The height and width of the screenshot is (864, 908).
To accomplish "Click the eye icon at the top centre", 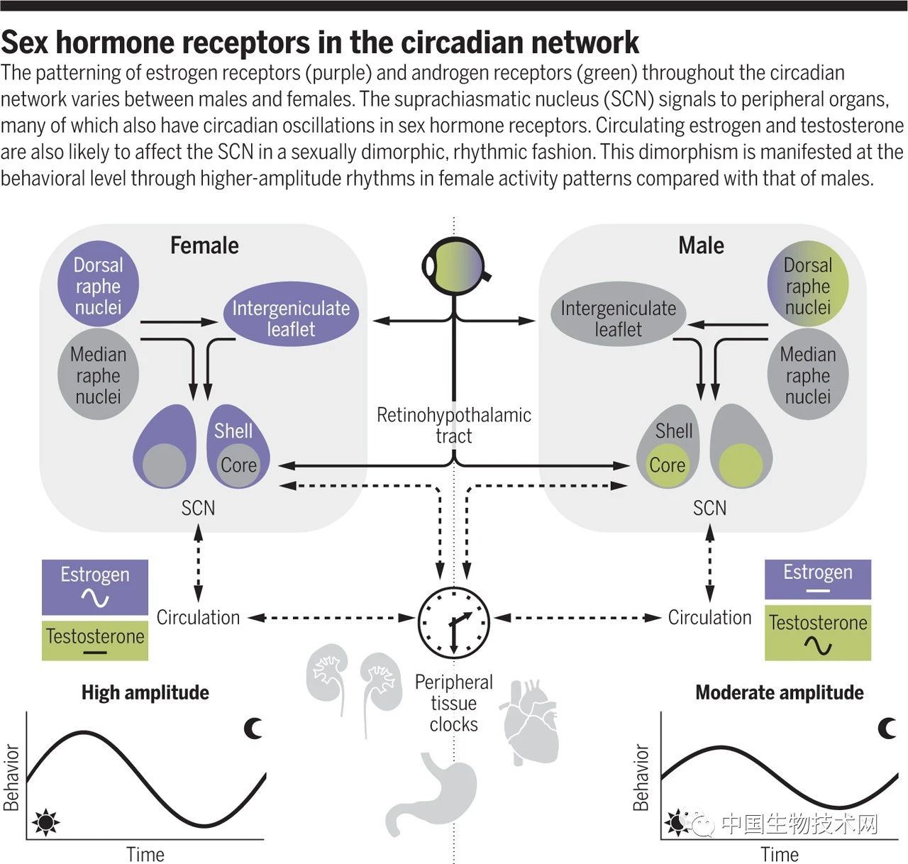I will (454, 265).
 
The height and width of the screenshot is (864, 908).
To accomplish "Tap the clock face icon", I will (454, 622).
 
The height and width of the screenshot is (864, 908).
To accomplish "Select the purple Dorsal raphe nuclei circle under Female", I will (98, 286).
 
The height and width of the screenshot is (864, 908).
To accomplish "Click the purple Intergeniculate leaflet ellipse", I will (291, 319).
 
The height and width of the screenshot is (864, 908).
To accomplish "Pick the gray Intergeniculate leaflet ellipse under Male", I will (618, 319).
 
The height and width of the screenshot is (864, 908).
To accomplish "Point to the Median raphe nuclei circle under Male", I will (808, 375).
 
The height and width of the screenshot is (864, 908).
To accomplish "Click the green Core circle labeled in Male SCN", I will (667, 465).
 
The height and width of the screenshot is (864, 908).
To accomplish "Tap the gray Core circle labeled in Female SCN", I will (238, 465).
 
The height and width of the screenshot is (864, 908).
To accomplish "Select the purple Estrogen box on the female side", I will (95, 587).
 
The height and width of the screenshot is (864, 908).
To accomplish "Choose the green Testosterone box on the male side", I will (818, 633).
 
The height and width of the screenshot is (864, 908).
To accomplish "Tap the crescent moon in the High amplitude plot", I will (253, 728).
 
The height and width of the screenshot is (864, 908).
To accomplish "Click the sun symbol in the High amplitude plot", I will (46, 823).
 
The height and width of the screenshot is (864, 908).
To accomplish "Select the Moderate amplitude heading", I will (780, 692).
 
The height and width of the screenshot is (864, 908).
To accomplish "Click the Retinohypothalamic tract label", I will (454, 425).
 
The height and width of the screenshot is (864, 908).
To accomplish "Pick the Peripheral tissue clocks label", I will (454, 703).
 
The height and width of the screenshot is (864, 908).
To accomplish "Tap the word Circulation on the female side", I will (198, 618).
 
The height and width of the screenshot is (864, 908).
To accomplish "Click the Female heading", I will (204, 245).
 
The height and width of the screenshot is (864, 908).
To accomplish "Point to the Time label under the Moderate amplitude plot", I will (780, 854).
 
